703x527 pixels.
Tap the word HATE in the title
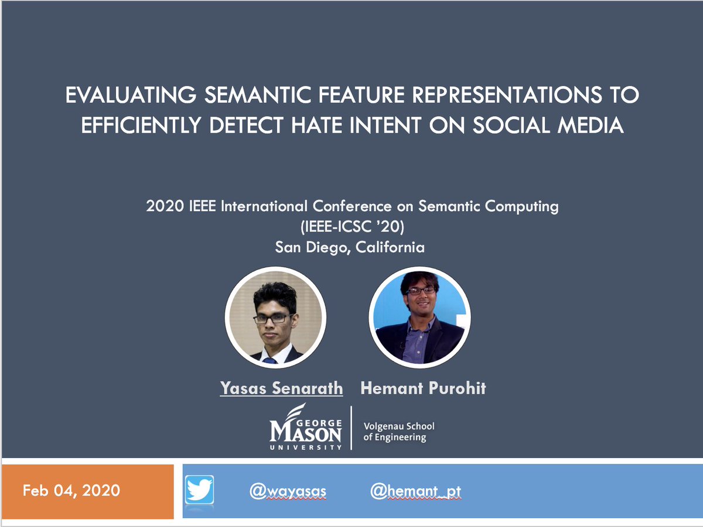pyautogui.click(x=313, y=125)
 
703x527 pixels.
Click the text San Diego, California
pyautogui.click(x=350, y=247)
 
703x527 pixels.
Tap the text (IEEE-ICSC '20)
pyautogui.click(x=350, y=227)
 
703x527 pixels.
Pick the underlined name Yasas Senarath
pyautogui.click(x=281, y=388)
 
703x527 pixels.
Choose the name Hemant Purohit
pyautogui.click(x=423, y=388)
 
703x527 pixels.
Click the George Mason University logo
pyautogui.click(x=306, y=427)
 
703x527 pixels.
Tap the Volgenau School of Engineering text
pyautogui.click(x=399, y=432)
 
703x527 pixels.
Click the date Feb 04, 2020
pyautogui.click(x=71, y=490)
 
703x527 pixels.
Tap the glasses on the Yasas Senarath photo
pyautogui.click(x=273, y=319)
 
